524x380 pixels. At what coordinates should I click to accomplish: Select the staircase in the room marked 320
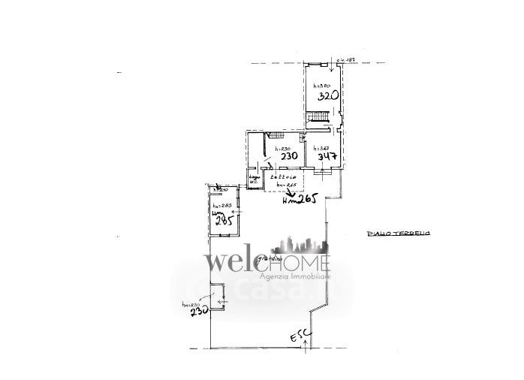[321, 117]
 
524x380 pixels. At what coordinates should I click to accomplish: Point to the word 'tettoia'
[282, 177]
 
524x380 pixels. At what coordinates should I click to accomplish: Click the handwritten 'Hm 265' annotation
[301, 199]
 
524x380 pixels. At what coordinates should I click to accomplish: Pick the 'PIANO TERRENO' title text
[398, 235]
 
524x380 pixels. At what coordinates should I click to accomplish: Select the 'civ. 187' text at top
[345, 59]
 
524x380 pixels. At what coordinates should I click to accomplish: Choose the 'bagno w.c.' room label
[254, 178]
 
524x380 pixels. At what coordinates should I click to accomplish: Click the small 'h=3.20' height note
[321, 86]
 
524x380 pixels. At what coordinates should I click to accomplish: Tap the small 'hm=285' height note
[220, 207]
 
